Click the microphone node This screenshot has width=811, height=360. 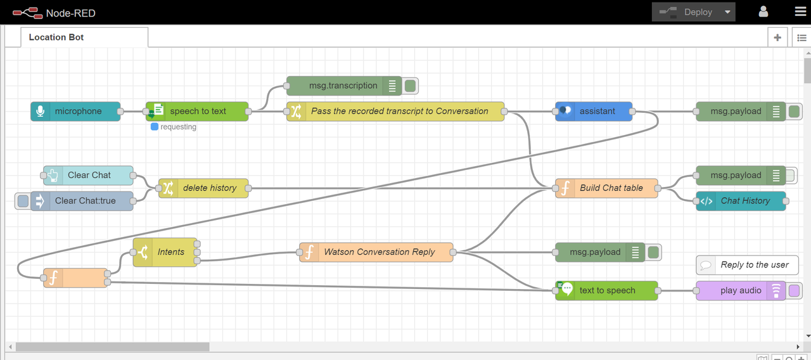tap(75, 111)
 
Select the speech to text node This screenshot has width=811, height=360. tap(197, 111)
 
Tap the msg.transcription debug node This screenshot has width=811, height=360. tap(344, 86)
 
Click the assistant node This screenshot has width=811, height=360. tap(594, 111)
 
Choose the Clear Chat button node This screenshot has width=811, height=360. tap(88, 176)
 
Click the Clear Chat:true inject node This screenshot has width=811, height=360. tap(82, 201)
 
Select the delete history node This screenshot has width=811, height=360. tap(203, 188)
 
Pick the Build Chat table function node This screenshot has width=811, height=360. tap(606, 188)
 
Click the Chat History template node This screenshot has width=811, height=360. tap(741, 201)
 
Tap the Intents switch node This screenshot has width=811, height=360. tap(165, 252)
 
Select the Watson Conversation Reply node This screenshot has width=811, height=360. tap(376, 252)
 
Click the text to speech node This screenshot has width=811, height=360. tap(606, 290)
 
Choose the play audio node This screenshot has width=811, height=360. tap(741, 290)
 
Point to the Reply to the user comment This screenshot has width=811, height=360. tap(747, 265)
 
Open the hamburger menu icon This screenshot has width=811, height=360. tap(800, 11)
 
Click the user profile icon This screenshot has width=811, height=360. tap(763, 11)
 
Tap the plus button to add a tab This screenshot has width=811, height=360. tap(777, 37)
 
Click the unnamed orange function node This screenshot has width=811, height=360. tap(75, 278)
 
